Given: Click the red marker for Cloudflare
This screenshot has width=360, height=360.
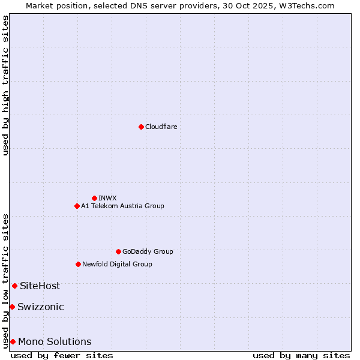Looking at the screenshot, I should pos(141,127).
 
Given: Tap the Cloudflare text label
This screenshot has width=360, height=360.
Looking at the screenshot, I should pos(161,127).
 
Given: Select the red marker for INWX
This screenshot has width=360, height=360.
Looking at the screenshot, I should pos(94,198).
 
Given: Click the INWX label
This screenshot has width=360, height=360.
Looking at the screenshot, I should pos(107,198).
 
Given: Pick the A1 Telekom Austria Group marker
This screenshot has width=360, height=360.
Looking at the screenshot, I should pos(77,206).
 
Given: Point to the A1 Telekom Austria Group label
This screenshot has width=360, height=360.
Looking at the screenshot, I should pos(122,206).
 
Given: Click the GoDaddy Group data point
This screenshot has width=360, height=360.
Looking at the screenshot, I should pos(118,251).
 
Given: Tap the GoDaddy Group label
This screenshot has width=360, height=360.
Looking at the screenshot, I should pos(148,251).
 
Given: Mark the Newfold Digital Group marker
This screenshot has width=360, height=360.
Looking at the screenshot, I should pos(78,264).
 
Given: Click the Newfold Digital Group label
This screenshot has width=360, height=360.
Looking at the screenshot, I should pos(117,264).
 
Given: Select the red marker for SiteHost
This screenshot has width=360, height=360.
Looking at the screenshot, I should pos(14,286).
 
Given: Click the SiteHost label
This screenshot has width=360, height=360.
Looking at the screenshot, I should pos(40,286).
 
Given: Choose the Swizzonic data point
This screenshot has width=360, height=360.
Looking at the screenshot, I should pos(12,307).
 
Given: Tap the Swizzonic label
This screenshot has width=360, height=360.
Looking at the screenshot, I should pos(41,307).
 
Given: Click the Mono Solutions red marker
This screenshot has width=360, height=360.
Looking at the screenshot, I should pos(13,341).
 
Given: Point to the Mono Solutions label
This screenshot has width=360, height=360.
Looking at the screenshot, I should pos(55,341).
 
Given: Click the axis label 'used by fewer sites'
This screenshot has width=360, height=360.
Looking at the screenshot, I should pos(62,355).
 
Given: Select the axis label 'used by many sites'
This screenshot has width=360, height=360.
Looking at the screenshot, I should pos(301,355).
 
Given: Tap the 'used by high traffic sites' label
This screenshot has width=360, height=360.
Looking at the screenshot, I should pos(5,85).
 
